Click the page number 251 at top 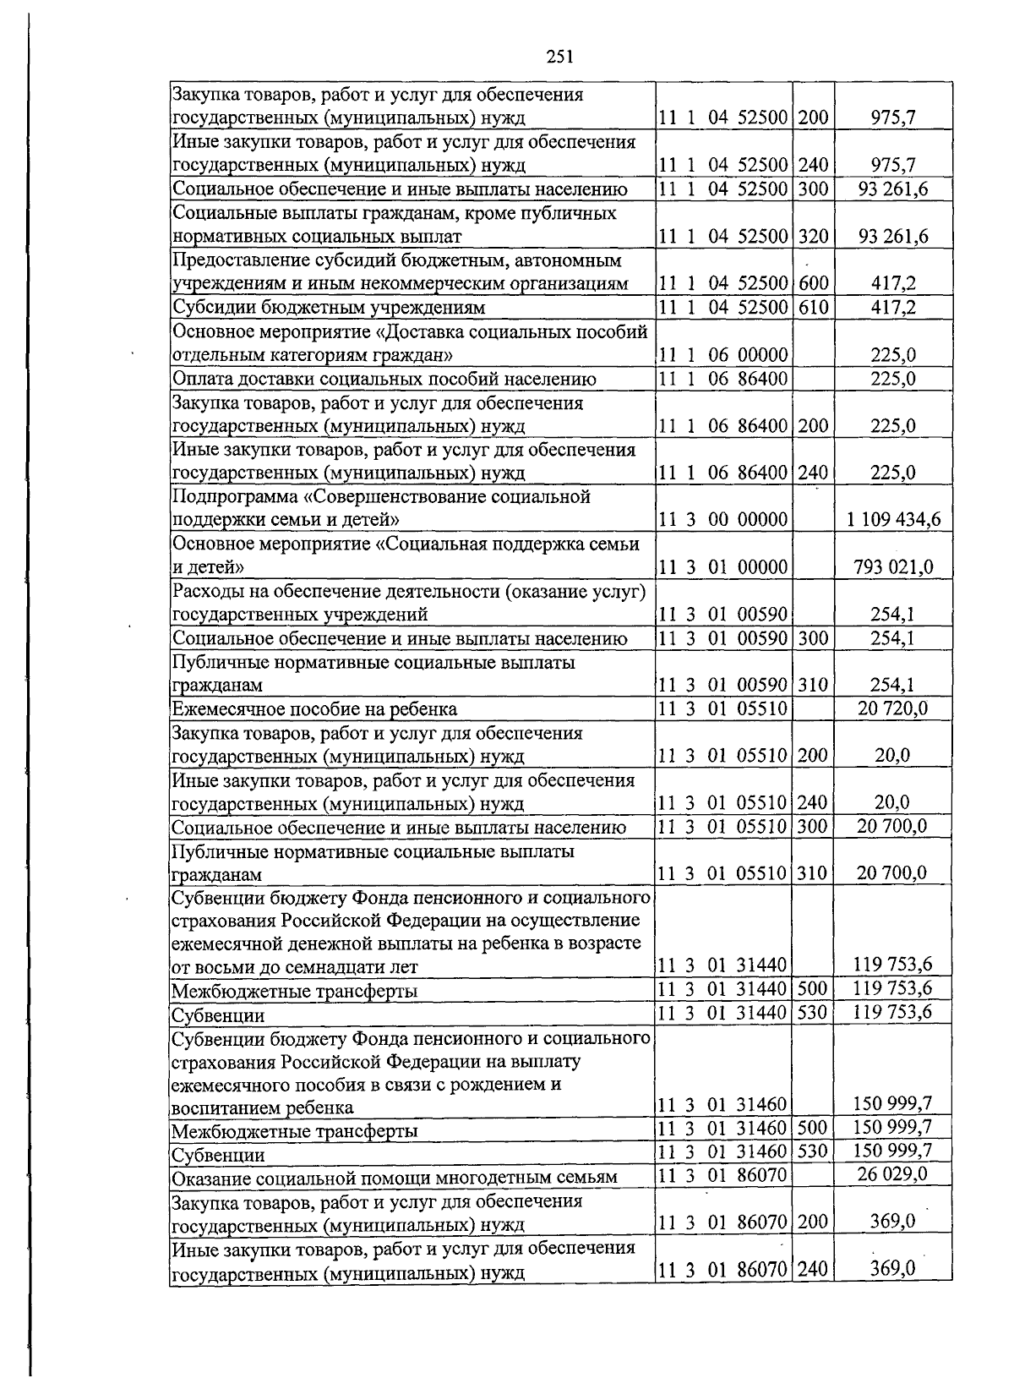pos(560,57)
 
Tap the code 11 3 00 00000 pos(723,519)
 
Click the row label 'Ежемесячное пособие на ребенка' pos(314,708)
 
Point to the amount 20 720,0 pos(892,708)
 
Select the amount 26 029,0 pos(892,1174)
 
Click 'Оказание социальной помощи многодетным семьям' pos(394,1177)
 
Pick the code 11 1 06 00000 pos(723,355)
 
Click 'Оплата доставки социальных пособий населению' pos(384,379)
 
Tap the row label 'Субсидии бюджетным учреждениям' pos(329,307)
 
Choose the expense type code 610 pos(813,307)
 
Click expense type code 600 pos(813,284)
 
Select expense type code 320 pos(813,236)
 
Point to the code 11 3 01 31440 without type pos(723,965)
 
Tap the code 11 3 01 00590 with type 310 pos(723,685)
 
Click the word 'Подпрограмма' pos(225,496)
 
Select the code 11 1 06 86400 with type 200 pos(723,425)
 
